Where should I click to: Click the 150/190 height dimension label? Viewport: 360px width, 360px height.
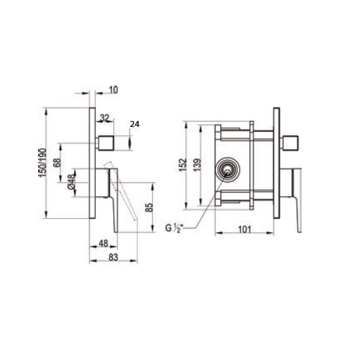point(41,164)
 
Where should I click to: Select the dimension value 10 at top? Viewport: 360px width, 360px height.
point(112,90)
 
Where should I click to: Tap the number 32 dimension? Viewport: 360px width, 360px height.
point(105,118)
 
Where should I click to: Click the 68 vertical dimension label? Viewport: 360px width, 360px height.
point(58,164)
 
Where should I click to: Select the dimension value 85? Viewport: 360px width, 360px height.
point(150,207)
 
